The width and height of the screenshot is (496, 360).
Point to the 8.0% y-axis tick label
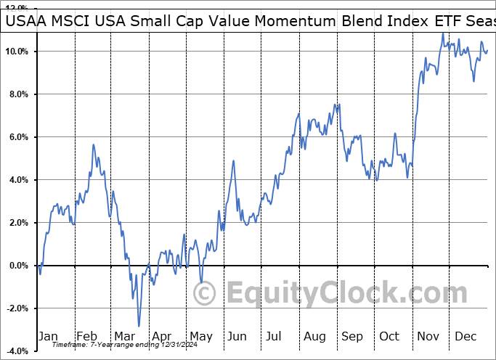[x=17, y=94]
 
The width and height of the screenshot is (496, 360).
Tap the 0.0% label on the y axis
[x=17, y=266]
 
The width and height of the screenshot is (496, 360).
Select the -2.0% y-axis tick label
[x=15, y=308]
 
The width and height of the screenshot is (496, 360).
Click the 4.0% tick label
[x=17, y=180]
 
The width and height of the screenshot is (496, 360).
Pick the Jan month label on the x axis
[x=48, y=336]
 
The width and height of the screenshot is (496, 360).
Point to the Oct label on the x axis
[x=389, y=336]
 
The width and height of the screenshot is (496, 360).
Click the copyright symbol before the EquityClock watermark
[x=204, y=293]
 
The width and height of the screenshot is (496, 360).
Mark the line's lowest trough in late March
[x=138, y=326]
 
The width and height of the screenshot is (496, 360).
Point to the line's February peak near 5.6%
[x=93, y=145]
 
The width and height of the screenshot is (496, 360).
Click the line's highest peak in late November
[x=442, y=33]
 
